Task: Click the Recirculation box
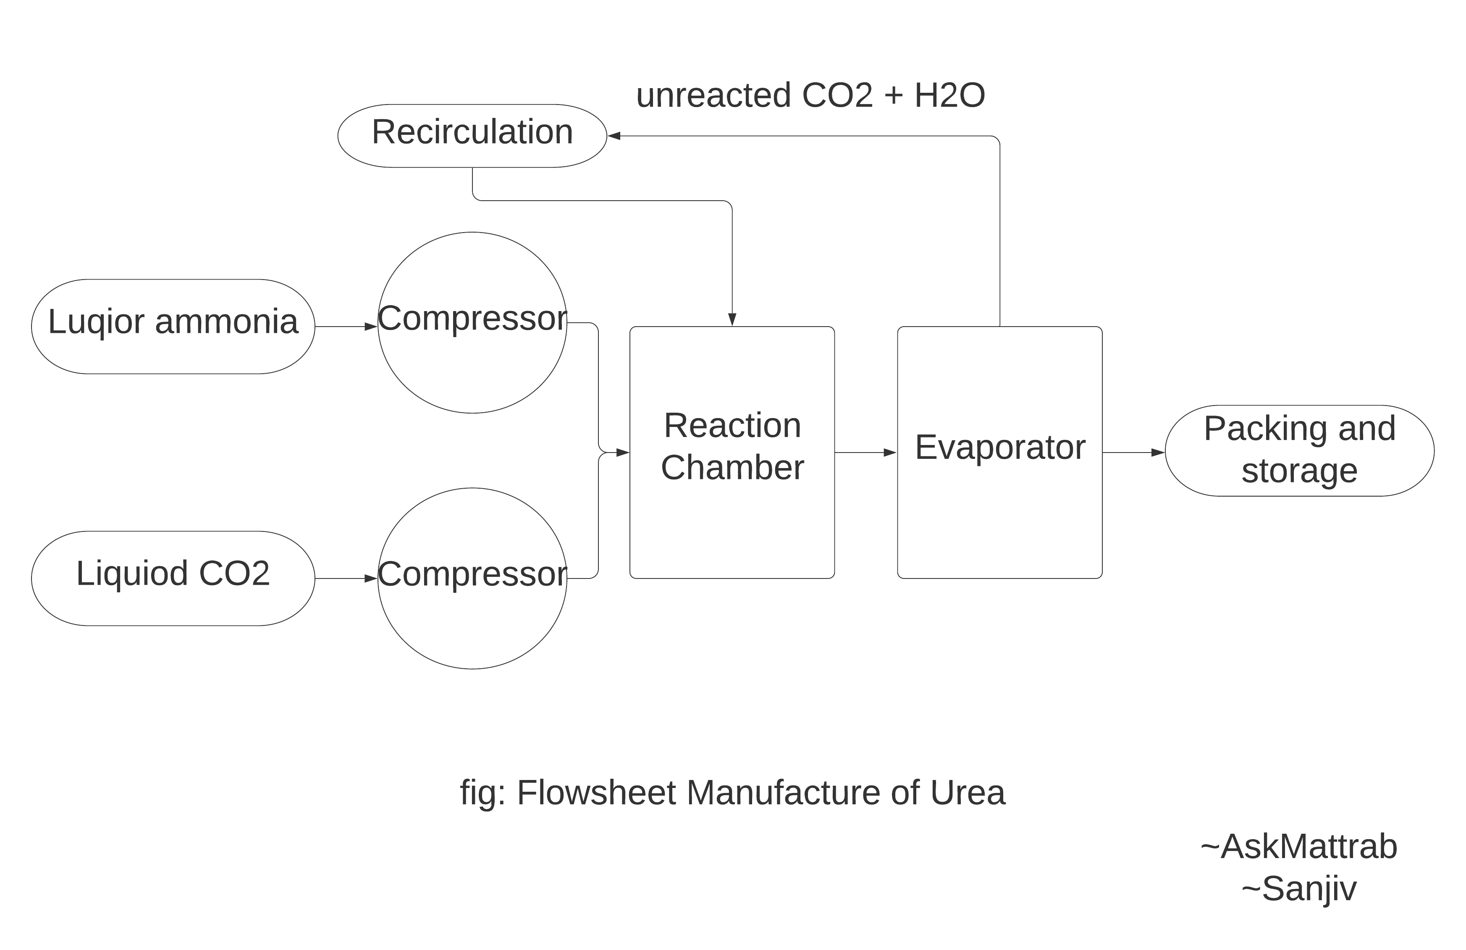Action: [x=472, y=136]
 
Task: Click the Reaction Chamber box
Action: [x=732, y=452]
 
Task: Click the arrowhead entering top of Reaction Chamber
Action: [x=732, y=319]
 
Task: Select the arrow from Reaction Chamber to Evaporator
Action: [x=865, y=453]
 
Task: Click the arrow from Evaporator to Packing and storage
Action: [x=1133, y=453]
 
